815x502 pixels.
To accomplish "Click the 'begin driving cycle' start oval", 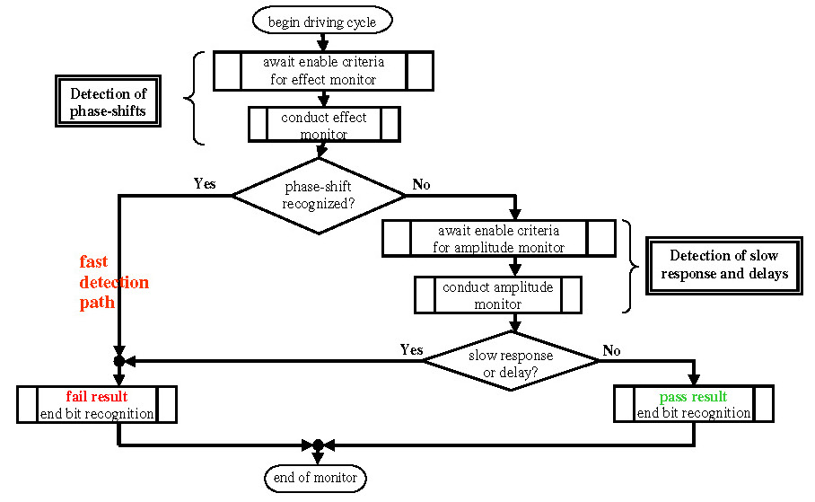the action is [322, 22].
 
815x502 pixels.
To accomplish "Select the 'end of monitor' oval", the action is [316, 478].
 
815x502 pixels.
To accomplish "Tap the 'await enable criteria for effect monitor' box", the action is [323, 71].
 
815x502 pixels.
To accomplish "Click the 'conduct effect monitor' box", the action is [324, 124].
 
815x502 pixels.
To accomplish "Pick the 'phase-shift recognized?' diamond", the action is [319, 196].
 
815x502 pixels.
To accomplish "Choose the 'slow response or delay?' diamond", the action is [511, 361].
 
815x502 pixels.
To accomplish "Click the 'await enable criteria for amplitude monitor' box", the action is [499, 238].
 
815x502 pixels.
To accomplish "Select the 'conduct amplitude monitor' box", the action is [498, 295].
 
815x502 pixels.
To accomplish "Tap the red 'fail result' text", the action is [97, 396].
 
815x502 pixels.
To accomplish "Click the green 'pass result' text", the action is [693, 397].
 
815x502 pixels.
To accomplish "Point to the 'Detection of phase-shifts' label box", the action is [108, 101].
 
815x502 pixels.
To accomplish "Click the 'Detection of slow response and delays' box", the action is [724, 266].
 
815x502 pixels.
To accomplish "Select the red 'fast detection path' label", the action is [113, 282].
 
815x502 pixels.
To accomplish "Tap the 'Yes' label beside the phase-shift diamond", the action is [205, 183].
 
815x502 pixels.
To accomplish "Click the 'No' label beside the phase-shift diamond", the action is [421, 185].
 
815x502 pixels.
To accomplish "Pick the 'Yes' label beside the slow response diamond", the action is [412, 349].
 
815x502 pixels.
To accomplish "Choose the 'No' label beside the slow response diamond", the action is [611, 350].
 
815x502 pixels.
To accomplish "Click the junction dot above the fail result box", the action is [119, 360].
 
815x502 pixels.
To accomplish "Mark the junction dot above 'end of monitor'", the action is [318, 445].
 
